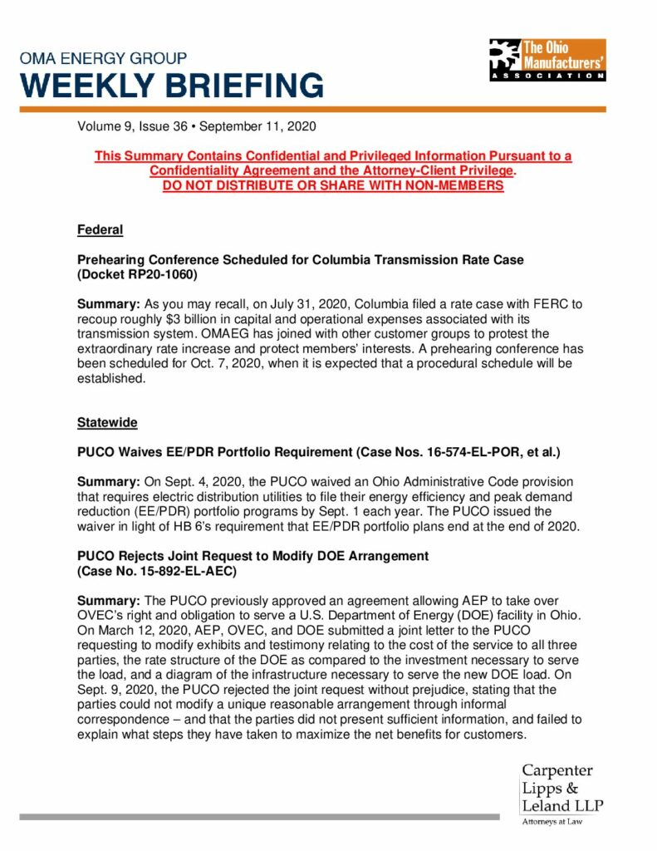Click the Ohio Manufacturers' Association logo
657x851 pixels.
[547, 60]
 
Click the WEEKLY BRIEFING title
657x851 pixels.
[172, 86]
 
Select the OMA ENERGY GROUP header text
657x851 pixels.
[104, 58]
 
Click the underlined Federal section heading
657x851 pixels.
[100, 229]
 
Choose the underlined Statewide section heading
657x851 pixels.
[107, 423]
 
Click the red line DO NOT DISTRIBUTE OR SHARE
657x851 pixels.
[332, 185]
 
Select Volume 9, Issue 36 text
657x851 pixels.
[133, 127]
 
